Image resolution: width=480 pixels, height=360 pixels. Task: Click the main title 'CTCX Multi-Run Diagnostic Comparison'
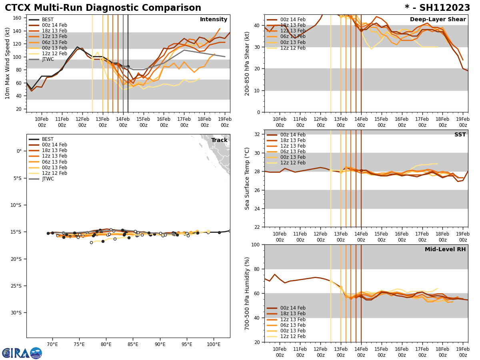click(103, 8)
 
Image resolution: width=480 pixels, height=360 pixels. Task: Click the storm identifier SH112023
click(437, 8)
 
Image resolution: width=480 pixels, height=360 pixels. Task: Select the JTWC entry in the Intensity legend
click(48, 59)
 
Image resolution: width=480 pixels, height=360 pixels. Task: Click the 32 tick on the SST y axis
click(257, 134)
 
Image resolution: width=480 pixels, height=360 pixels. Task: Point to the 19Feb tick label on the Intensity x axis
click(224, 122)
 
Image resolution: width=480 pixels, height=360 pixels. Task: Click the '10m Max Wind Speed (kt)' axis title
click(8, 63)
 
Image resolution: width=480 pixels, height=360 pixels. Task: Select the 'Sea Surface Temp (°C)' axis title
click(247, 178)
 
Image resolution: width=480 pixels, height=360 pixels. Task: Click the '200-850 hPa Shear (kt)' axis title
click(247, 63)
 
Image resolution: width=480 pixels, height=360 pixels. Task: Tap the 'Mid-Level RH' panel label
click(445, 250)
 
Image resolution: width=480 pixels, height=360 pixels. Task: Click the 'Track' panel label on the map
click(219, 140)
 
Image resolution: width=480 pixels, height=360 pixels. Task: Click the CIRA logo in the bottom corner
click(22, 353)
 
